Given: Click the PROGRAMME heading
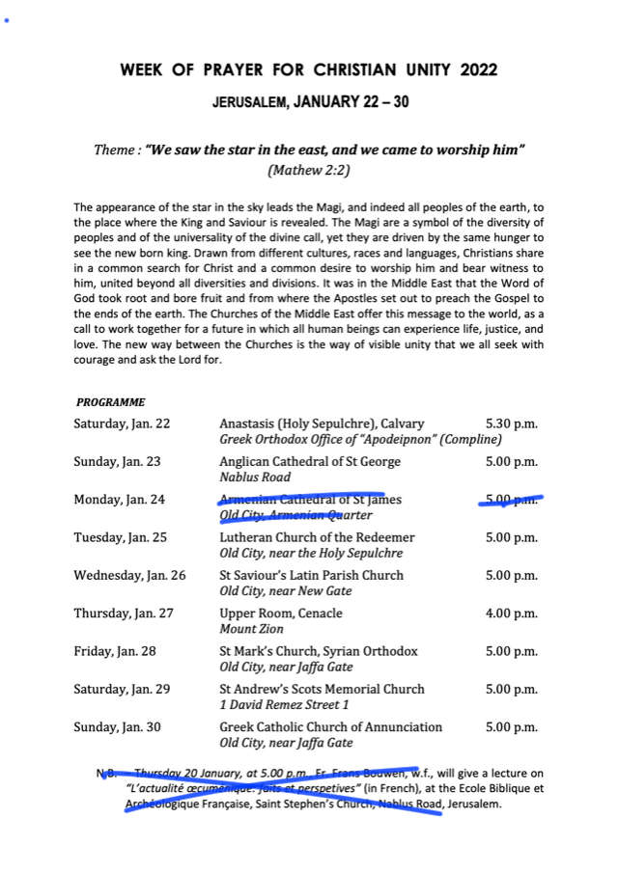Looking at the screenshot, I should [x=110, y=401].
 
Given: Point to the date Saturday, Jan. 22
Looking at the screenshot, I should [x=122, y=423].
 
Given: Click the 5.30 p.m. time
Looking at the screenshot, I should [x=511, y=423].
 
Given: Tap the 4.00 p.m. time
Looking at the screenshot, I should [x=511, y=614].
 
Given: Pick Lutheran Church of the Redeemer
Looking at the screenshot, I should [x=317, y=537].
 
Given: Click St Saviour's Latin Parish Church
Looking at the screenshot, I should [x=312, y=576].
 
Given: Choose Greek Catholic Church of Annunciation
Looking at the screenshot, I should [x=330, y=727].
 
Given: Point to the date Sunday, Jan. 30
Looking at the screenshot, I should [x=117, y=727].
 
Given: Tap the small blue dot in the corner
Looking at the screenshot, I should [x=6, y=19].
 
